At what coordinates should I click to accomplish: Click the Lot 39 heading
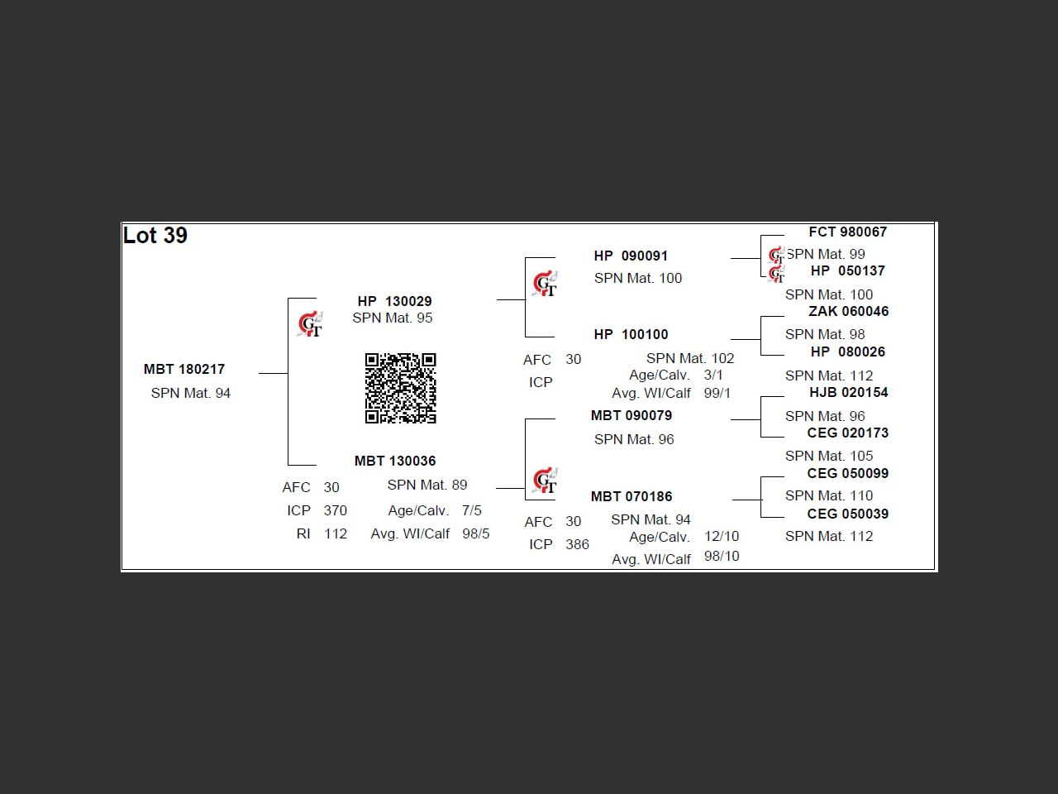coord(155,236)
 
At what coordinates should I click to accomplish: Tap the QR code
coord(400,388)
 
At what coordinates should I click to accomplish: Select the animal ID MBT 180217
coord(184,369)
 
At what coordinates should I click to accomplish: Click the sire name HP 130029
coord(394,301)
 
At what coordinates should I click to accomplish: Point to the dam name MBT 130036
coord(395,461)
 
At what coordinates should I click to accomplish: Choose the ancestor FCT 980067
coord(847,232)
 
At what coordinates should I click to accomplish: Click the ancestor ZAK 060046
coord(848,311)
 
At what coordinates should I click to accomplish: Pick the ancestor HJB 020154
coord(848,392)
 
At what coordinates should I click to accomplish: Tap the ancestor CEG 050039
coord(847,514)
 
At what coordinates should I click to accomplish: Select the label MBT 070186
coord(631,496)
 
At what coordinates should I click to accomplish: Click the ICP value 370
coord(335,510)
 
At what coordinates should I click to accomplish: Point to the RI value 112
coord(335,533)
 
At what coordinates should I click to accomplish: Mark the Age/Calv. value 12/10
coord(722,536)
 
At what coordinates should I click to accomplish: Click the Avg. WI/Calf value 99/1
coord(717,393)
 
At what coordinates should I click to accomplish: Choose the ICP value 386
coord(577,544)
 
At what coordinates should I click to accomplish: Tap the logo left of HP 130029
coord(310,324)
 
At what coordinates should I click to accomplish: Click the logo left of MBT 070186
coord(545,481)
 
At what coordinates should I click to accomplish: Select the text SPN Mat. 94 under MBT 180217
coord(190,393)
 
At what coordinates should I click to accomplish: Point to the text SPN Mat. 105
coord(828,456)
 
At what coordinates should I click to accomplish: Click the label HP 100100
coord(631,334)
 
